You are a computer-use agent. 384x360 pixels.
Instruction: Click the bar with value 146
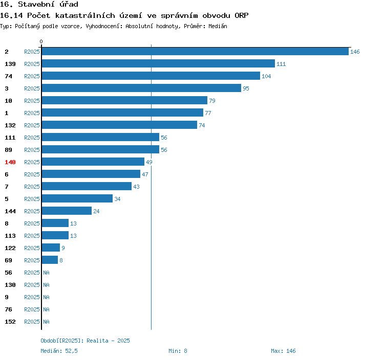(195, 52)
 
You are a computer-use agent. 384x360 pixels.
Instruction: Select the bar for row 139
(158, 64)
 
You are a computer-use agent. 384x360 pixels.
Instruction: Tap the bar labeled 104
(151, 76)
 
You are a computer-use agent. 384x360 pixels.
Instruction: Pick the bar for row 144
(67, 211)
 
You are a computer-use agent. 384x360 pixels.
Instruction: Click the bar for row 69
(50, 260)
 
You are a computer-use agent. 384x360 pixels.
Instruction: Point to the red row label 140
(10, 162)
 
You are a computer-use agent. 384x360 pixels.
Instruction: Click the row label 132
(10, 125)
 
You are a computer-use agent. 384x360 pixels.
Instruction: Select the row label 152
(10, 322)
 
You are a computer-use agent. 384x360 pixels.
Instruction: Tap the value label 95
(246, 88)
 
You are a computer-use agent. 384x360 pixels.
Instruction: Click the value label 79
(212, 101)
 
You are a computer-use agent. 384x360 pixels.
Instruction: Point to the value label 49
(149, 162)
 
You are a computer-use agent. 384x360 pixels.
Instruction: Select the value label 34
(117, 199)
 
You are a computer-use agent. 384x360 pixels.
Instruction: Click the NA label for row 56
(46, 273)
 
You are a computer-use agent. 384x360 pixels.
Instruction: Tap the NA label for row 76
(46, 309)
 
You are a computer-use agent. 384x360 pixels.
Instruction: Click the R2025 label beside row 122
(32, 248)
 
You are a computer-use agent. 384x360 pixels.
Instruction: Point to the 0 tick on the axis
(41, 41)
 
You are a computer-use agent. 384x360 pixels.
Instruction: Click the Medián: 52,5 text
(59, 351)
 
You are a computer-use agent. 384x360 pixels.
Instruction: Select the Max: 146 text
(283, 351)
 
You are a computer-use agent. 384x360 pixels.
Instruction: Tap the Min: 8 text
(178, 351)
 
